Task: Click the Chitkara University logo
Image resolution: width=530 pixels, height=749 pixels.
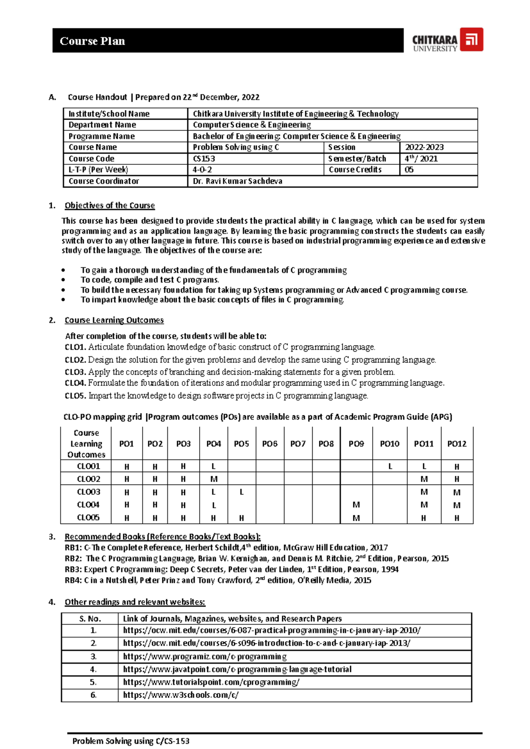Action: point(447,40)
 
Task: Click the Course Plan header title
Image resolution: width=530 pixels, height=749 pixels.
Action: point(92,41)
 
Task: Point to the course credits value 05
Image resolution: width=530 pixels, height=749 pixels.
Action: point(409,170)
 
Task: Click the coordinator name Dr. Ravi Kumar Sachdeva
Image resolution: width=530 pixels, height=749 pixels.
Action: point(237,181)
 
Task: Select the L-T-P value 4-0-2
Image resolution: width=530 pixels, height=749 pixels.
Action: point(202,170)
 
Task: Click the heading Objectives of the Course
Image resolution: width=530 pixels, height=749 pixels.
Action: point(110,205)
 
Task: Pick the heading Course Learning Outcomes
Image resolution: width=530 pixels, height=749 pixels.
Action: point(114,320)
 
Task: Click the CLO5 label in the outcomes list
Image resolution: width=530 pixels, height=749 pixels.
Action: point(75,396)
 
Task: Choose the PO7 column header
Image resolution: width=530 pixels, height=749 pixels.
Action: point(298,444)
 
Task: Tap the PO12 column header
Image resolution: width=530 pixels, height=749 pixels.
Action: point(456,444)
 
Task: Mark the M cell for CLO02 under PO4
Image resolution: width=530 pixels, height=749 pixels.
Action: point(214,479)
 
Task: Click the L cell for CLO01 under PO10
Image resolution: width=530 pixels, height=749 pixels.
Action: point(390,466)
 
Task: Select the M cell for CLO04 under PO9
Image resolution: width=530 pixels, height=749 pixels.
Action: point(356,505)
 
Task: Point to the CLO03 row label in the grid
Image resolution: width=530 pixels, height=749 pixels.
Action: point(88,492)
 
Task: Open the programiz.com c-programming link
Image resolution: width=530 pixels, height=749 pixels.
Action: point(204,657)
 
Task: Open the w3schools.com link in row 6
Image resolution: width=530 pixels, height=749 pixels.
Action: point(181,695)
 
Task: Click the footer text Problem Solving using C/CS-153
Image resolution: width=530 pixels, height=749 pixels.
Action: point(131,741)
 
